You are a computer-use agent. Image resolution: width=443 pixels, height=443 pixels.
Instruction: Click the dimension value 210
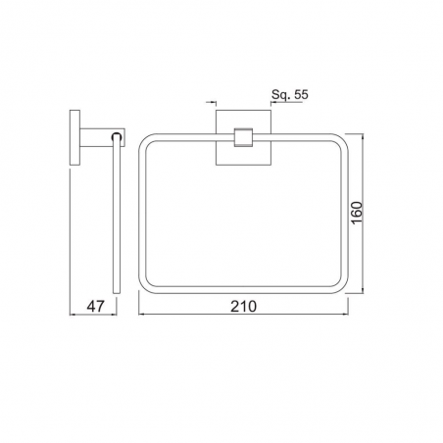(244, 307)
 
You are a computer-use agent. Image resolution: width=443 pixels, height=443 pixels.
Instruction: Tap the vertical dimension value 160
(358, 213)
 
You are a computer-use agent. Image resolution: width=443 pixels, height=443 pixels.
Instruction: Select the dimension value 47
(95, 307)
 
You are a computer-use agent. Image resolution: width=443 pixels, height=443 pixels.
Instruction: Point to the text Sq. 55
(290, 95)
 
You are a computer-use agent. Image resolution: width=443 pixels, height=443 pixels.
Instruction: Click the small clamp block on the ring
(244, 137)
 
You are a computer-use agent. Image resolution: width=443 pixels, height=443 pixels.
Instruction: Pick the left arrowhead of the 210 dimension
(141, 315)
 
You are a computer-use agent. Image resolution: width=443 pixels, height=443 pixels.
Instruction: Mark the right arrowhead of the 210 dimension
(345, 315)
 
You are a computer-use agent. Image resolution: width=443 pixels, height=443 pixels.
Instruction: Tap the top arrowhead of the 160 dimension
(363, 137)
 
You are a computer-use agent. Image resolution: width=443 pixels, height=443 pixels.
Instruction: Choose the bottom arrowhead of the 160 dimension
(363, 290)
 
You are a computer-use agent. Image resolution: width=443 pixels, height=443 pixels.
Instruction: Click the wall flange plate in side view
(74, 137)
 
